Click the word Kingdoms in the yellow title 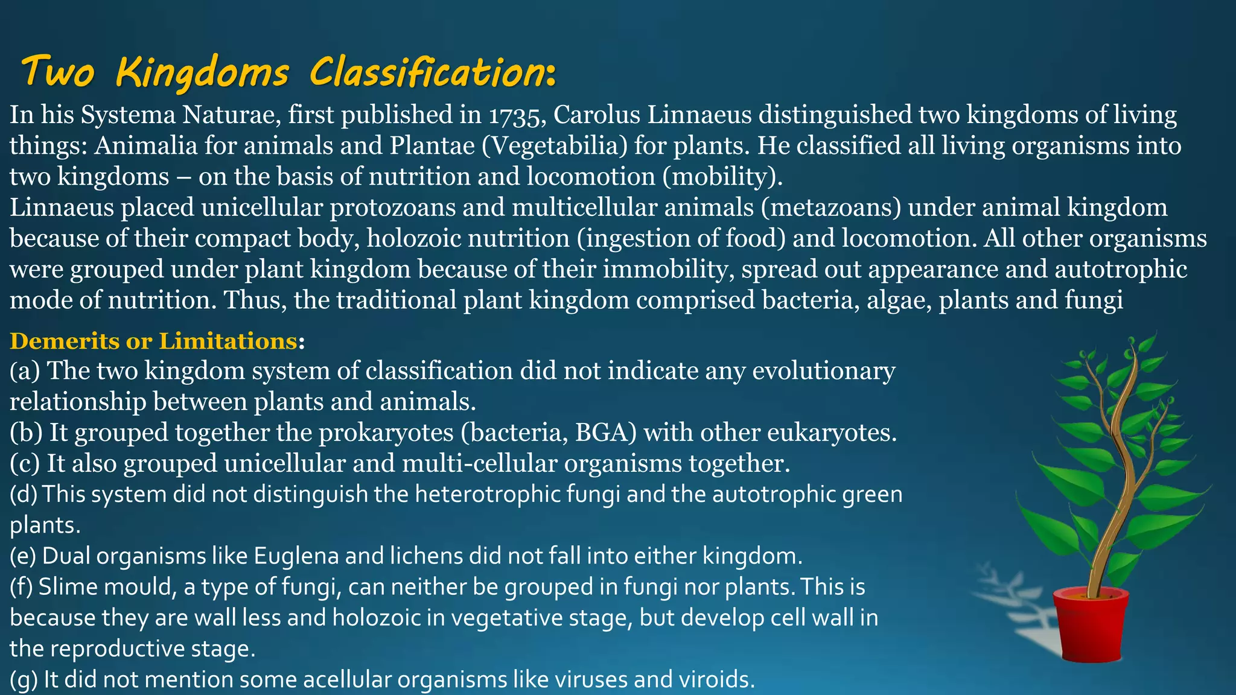pos(202,72)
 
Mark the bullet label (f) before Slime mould pos(21,587)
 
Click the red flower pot pos(1091,624)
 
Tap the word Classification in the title pos(432,72)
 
